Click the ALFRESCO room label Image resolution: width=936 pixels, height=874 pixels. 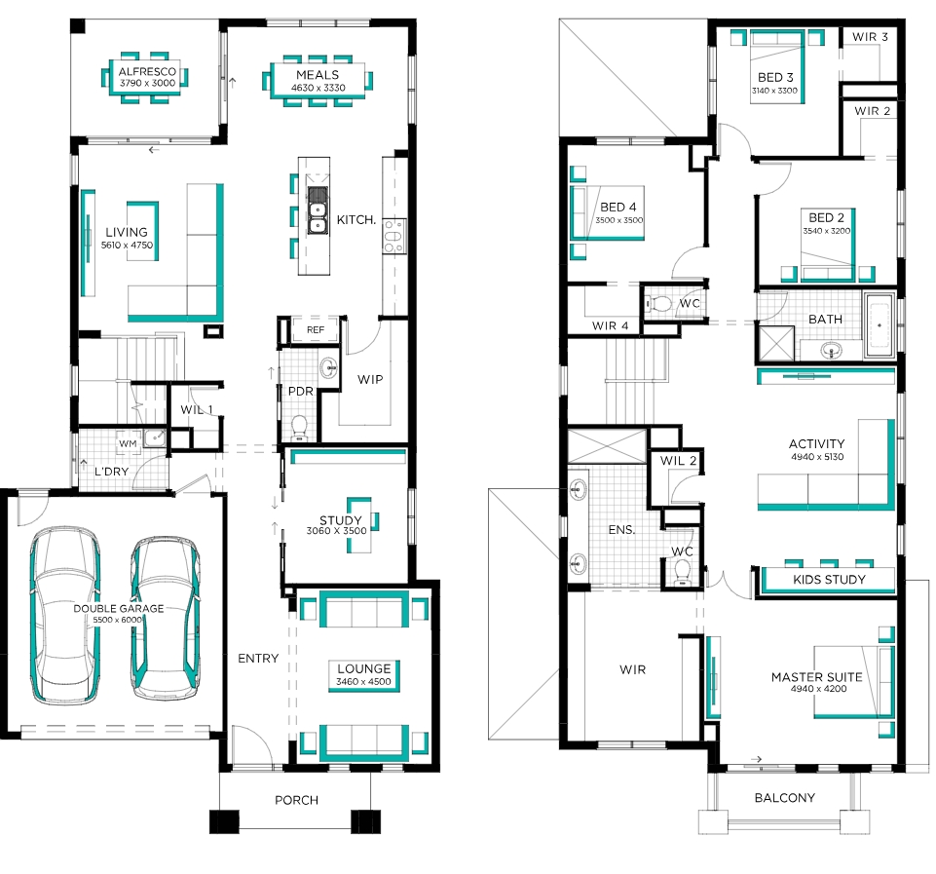(147, 72)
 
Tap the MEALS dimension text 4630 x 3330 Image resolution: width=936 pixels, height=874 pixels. (318, 88)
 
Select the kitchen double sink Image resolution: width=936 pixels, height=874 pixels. (318, 210)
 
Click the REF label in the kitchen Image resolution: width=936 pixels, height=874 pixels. (316, 329)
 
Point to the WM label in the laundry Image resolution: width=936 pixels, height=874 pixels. (128, 443)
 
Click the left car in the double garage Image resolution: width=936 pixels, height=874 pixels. (65, 614)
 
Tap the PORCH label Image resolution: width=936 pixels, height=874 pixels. (296, 800)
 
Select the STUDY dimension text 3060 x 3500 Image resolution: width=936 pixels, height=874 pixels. (337, 531)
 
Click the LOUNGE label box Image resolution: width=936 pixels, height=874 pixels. (363, 676)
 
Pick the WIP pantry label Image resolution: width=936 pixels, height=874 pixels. (370, 380)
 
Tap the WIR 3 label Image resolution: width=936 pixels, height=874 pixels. (870, 37)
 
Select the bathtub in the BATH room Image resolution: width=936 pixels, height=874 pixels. (880, 324)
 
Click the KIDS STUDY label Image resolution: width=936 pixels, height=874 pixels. (829, 579)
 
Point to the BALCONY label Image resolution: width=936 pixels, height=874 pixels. (784, 798)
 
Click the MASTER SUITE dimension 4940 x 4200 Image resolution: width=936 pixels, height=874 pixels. (818, 688)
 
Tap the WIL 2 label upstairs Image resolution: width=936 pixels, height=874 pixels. (678, 460)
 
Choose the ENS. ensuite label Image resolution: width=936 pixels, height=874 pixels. (621, 529)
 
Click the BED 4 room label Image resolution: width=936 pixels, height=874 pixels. (618, 208)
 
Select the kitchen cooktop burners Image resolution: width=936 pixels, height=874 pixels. (393, 236)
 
